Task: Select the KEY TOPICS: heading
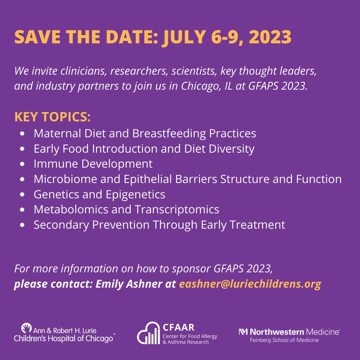[52, 117]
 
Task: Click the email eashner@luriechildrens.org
[250, 284]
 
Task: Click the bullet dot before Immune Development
[22, 164]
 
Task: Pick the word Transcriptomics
[177, 209]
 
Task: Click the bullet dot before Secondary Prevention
[22, 225]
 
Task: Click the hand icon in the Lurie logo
[26, 328]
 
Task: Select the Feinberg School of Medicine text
[284, 340]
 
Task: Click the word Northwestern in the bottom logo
[277, 332]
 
